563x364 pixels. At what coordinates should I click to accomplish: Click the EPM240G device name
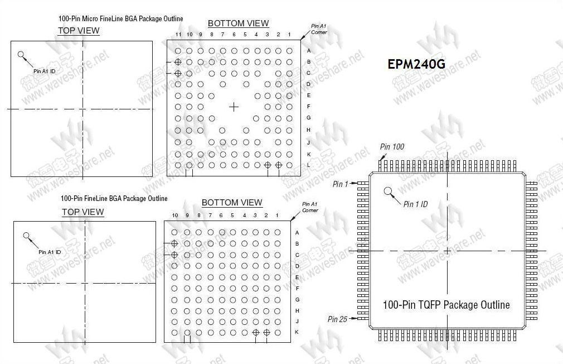tap(416, 64)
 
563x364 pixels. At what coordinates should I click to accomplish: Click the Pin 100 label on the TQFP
tap(392, 147)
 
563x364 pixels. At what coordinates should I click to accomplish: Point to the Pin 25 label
tap(337, 319)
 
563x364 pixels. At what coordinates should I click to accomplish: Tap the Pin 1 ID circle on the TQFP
tap(389, 191)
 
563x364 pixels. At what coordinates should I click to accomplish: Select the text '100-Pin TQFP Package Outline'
tap(446, 305)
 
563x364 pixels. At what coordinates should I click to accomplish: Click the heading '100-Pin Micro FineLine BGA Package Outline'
tap(120, 19)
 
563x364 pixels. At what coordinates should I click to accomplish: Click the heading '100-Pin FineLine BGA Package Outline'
tap(114, 199)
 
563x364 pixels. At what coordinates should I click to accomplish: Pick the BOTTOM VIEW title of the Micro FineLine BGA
tap(238, 23)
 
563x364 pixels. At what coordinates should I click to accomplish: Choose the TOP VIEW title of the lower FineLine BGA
tap(82, 212)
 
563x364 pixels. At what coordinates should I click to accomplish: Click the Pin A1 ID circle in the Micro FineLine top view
tap(21, 55)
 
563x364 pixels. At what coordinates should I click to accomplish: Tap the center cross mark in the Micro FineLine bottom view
tap(234, 106)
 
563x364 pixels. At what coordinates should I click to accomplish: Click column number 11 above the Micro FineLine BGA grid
tap(178, 35)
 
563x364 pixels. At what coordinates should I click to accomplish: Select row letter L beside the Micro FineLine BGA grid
tap(309, 165)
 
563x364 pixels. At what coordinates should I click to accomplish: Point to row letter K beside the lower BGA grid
tap(297, 332)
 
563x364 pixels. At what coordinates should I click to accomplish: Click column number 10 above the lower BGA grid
tap(174, 215)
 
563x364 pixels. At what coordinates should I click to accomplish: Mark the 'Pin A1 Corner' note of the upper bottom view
tap(319, 29)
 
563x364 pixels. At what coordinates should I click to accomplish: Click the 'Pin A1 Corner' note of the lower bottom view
tap(310, 207)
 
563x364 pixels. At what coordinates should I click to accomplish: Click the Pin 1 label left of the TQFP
tap(339, 184)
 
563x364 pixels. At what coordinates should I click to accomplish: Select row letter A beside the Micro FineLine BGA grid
tap(309, 51)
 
